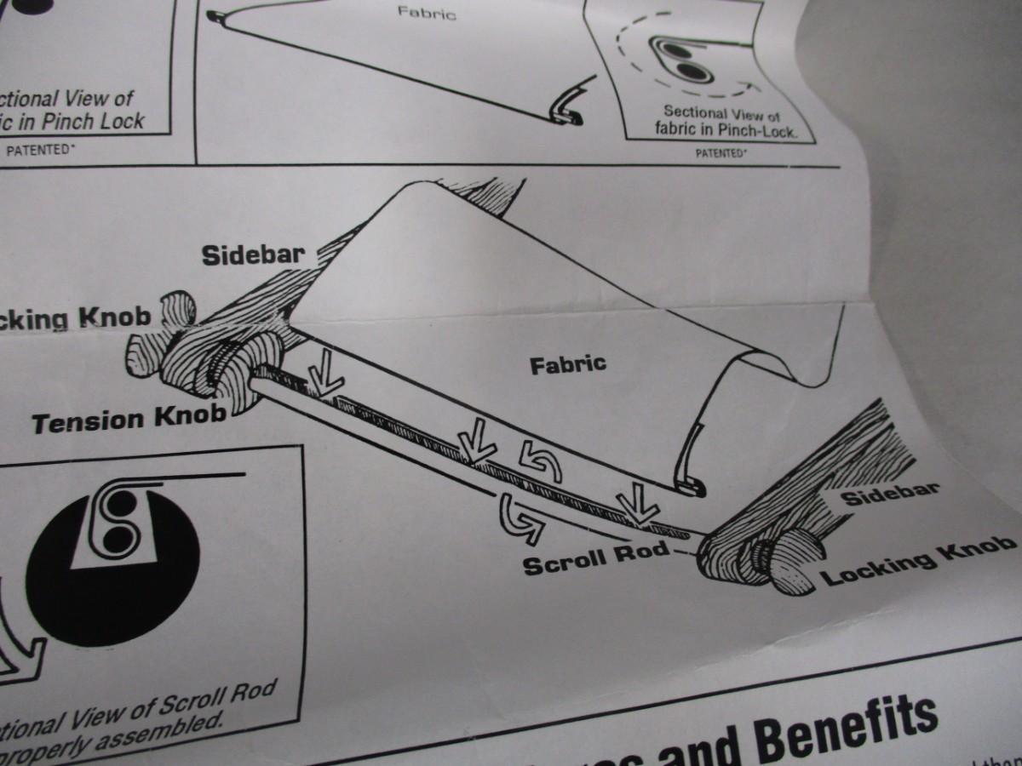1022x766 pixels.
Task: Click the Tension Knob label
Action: coord(129,418)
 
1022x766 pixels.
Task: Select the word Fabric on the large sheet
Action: coord(568,365)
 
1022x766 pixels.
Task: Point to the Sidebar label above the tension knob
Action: coord(254,254)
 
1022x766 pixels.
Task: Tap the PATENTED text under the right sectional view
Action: coord(721,154)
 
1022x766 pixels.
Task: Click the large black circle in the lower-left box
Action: coord(111,562)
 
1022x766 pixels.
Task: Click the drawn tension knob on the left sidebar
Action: coord(228,366)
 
